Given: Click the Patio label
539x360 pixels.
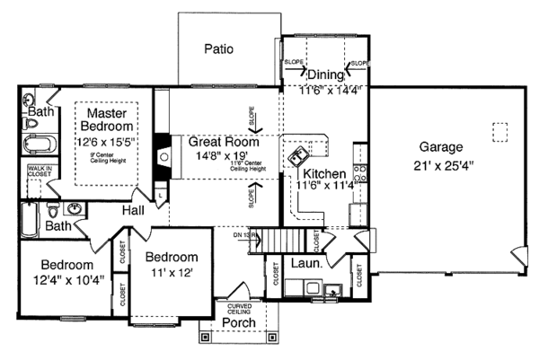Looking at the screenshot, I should pos(219,48).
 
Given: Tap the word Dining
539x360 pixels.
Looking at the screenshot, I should pos(326,75).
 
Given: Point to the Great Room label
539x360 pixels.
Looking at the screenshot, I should pos(224,142).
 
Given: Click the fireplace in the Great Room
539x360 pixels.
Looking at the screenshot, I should pos(163,154).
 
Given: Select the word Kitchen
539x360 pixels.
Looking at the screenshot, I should pos(324,173).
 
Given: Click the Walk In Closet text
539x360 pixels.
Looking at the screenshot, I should pos(38,171).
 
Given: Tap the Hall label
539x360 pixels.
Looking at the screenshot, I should pos(135,210).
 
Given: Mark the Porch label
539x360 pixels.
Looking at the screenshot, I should pos(238,322).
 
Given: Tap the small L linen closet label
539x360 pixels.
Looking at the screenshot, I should pos(159,194).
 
